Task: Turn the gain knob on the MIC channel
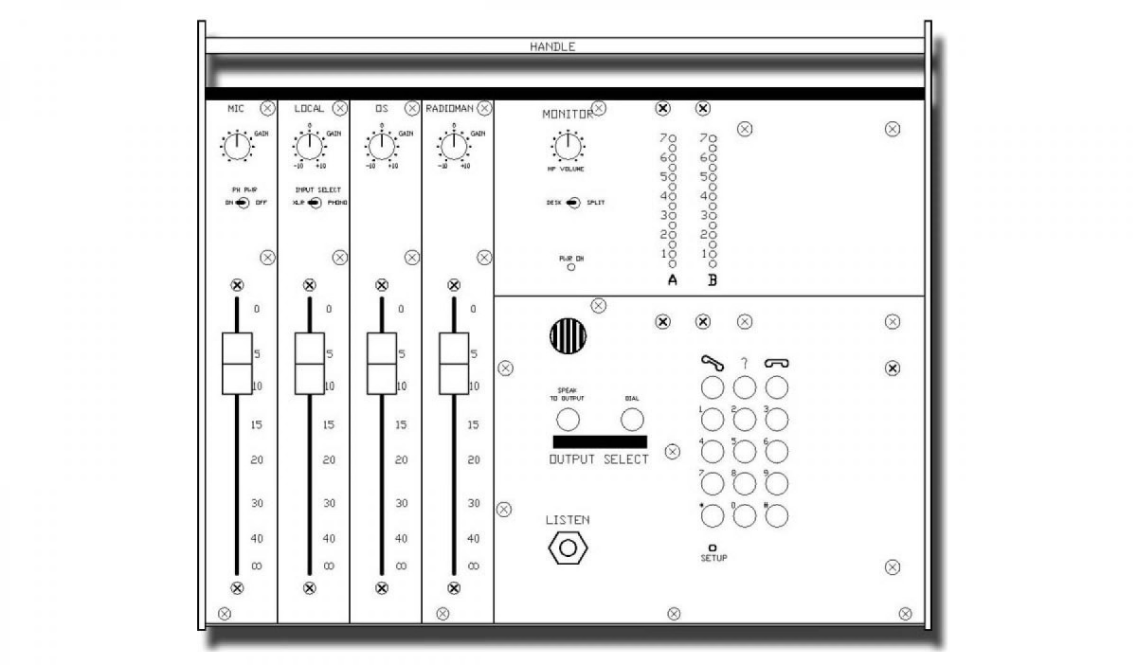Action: tap(236, 147)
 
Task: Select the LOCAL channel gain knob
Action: tap(309, 147)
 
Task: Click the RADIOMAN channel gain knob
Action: tap(453, 147)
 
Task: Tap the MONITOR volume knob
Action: tap(567, 147)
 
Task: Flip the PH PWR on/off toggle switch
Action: tap(242, 203)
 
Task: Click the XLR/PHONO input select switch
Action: tap(315, 203)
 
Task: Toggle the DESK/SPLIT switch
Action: tap(571, 203)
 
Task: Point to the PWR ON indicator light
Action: tap(570, 267)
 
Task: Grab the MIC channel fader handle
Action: tap(236, 363)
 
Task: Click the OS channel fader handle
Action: tap(381, 363)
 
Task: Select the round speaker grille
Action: tap(568, 334)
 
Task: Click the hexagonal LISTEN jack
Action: tap(568, 548)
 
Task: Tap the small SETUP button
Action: tap(713, 548)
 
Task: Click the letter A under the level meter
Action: tap(672, 280)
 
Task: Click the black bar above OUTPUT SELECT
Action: tap(599, 442)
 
